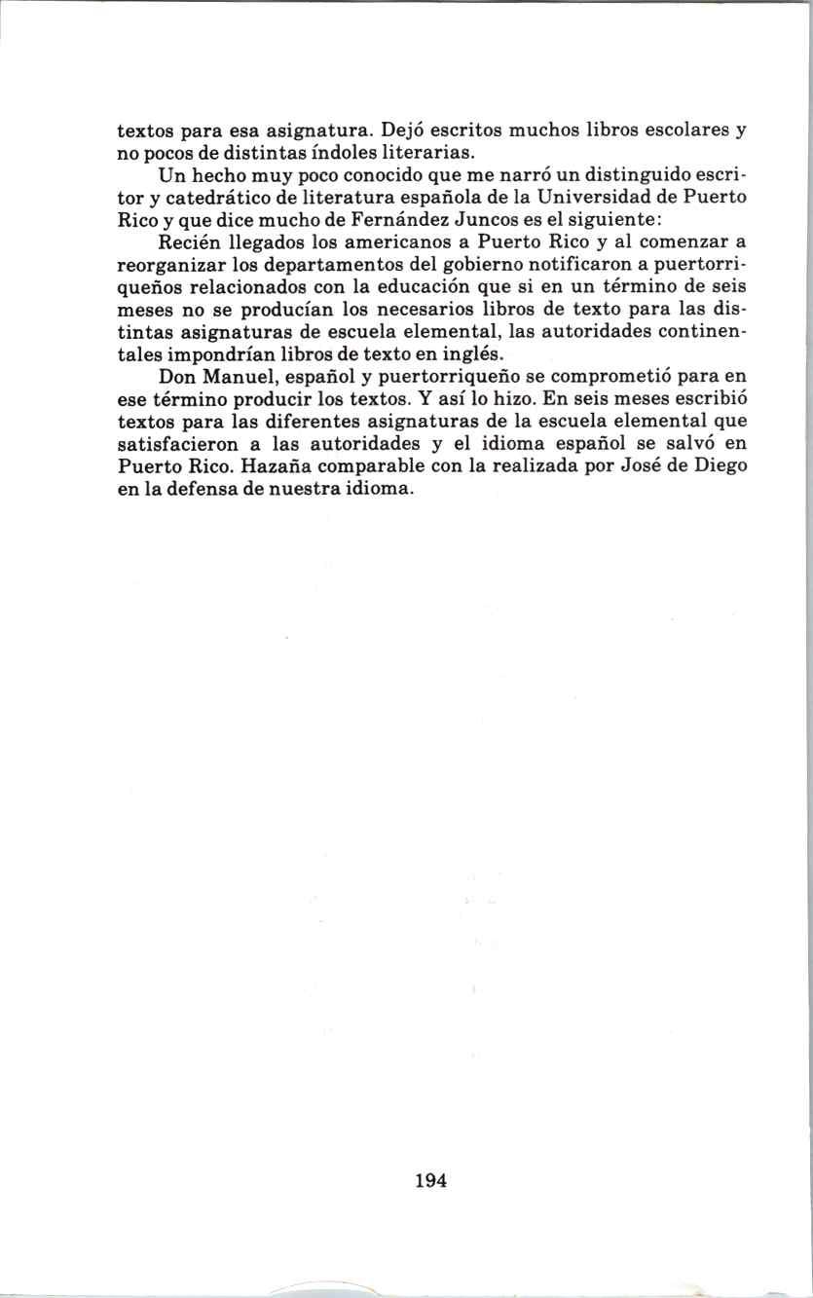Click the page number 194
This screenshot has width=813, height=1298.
tap(429, 1181)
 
